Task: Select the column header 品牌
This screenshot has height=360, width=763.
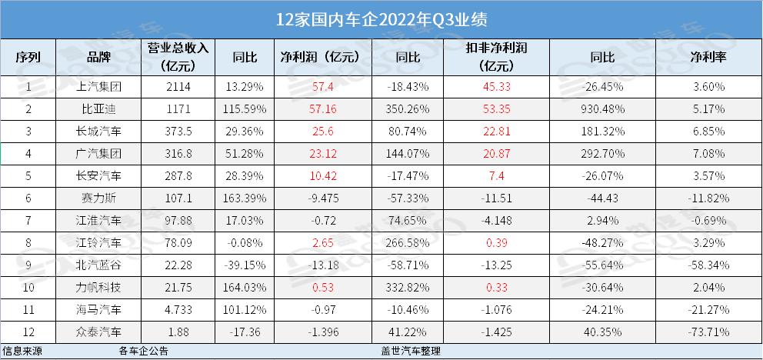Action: tap(100, 58)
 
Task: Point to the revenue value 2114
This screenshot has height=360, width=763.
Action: tap(173, 87)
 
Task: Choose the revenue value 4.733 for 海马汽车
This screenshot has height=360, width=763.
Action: tap(173, 309)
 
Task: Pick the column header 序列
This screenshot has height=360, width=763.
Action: tap(29, 58)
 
